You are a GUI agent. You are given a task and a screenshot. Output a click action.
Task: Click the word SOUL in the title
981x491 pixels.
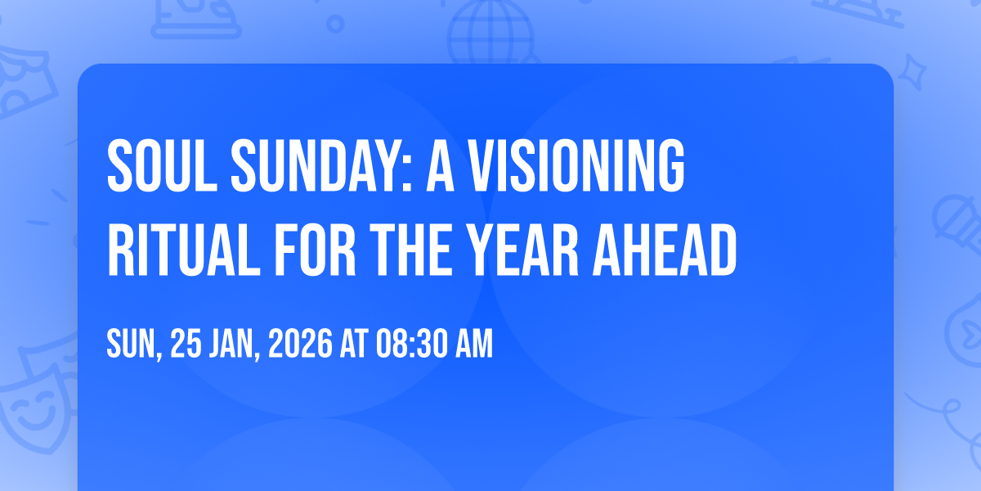click(x=162, y=165)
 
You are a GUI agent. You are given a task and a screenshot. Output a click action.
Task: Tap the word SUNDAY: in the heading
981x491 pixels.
click(x=321, y=165)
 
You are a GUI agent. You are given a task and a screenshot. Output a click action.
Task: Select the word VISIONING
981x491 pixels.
click(x=576, y=165)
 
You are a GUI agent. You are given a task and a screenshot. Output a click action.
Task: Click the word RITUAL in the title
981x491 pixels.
click(x=183, y=250)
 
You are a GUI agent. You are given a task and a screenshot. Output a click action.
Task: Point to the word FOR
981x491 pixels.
click(x=315, y=250)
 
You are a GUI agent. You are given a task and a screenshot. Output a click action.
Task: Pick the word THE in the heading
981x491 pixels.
click(x=410, y=250)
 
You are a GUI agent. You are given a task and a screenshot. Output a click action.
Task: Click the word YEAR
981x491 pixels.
click(x=522, y=250)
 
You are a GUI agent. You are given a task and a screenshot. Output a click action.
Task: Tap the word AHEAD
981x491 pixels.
click(x=665, y=250)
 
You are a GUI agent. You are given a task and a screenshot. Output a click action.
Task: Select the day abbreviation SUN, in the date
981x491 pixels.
click(x=134, y=345)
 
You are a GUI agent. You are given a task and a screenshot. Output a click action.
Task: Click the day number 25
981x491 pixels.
click(x=186, y=343)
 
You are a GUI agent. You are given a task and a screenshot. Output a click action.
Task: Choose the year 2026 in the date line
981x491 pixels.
click(x=301, y=343)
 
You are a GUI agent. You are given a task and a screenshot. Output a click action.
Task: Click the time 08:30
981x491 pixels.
click(x=411, y=343)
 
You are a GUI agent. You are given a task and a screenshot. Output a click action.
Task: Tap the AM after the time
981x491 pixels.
click(x=474, y=343)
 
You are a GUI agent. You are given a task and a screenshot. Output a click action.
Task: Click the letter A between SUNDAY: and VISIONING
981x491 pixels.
click(x=440, y=165)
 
